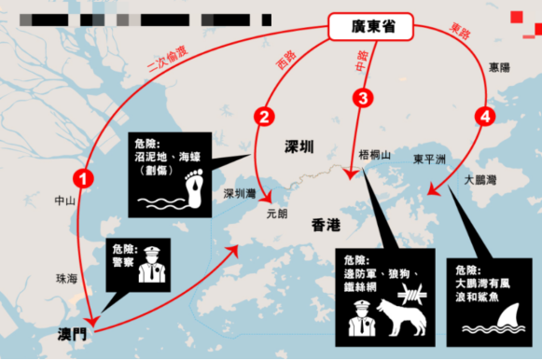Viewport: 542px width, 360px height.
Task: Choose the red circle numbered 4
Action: click(482, 117)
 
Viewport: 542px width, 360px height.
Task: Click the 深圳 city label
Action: click(299, 146)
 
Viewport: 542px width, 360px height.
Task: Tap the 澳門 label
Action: click(71, 332)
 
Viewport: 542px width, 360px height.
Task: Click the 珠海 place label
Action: click(66, 278)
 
